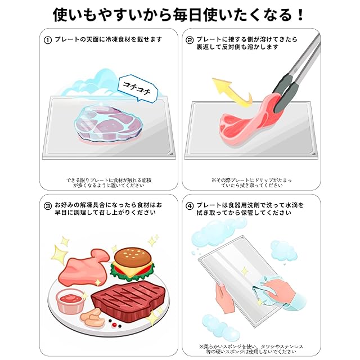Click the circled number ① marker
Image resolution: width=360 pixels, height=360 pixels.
47,40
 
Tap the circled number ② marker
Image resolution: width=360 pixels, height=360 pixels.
190,40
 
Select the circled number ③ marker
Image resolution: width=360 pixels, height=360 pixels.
47,206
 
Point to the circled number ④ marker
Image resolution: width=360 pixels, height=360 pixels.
190,206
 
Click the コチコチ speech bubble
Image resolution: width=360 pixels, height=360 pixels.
137,88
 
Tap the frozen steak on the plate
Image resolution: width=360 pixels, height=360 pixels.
109,123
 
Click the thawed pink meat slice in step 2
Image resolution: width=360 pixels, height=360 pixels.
248,121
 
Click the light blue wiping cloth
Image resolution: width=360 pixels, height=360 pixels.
268,287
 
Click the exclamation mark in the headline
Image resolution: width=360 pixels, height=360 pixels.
300,15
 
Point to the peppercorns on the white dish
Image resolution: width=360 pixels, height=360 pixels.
115,324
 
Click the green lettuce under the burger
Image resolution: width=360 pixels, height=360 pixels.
132,273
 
